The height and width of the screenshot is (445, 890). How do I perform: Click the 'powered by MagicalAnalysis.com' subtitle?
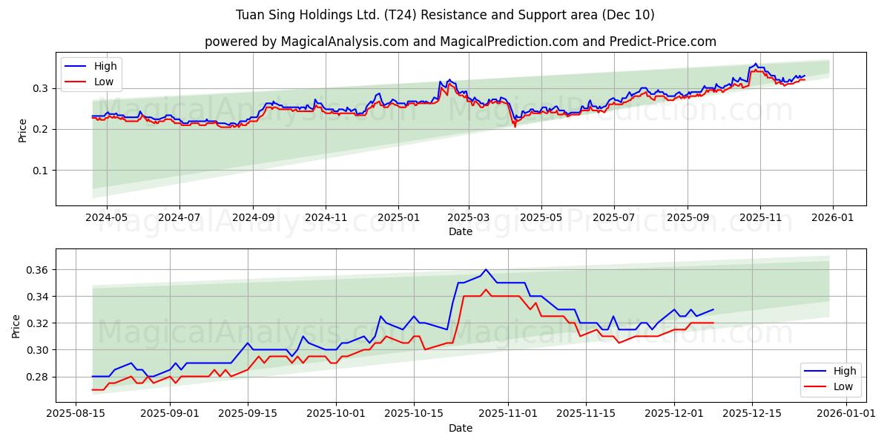[x=460, y=42]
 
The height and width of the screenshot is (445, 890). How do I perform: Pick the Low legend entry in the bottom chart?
[x=843, y=386]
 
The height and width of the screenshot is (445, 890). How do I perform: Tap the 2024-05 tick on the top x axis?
[x=107, y=217]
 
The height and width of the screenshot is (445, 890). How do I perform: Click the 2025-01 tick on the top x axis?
[x=398, y=217]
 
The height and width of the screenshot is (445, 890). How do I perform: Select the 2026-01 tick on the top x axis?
[x=832, y=217]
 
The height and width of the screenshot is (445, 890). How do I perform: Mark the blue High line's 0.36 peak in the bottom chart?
[x=486, y=270]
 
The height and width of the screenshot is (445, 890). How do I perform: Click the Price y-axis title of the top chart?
[x=22, y=129]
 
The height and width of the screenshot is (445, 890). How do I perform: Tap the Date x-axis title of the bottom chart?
[x=460, y=428]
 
